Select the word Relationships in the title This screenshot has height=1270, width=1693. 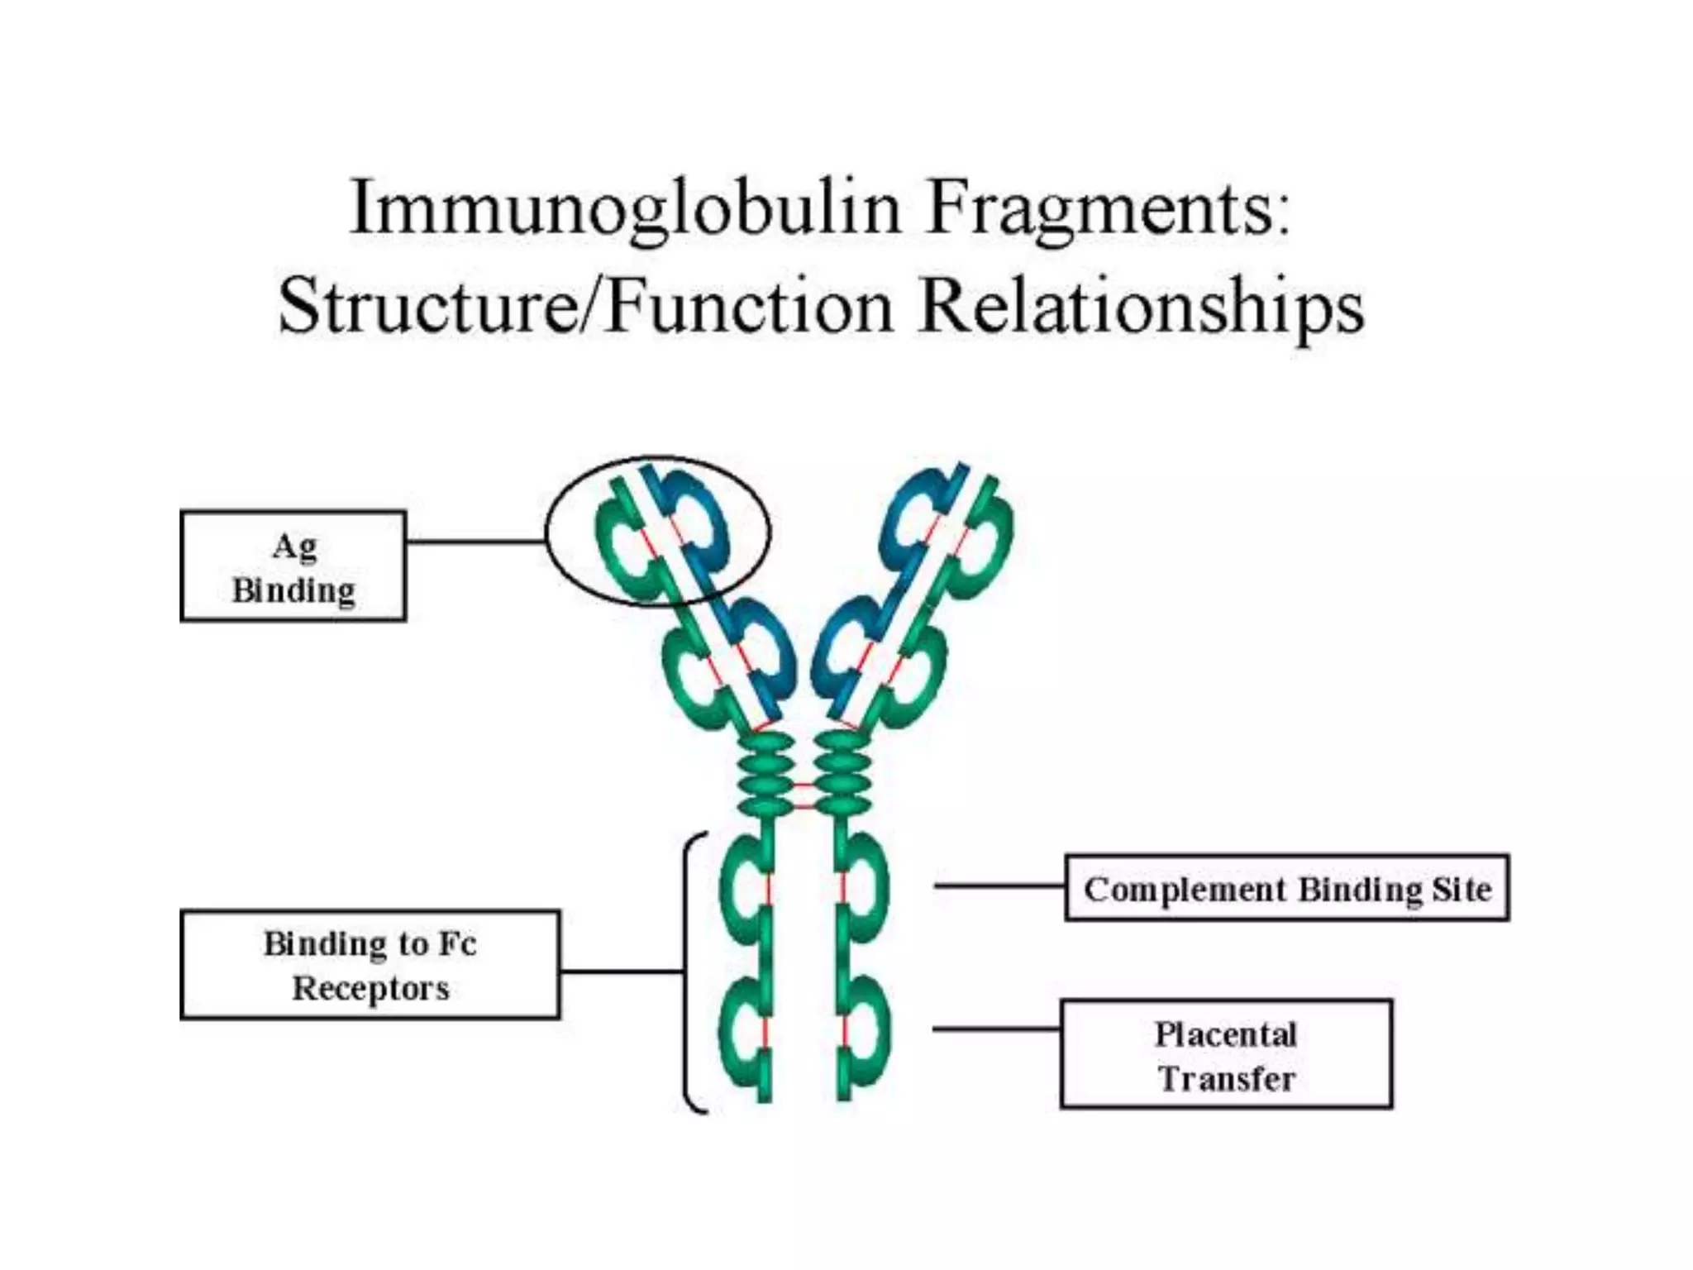tap(1141, 306)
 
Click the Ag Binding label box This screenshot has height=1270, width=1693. tap(293, 566)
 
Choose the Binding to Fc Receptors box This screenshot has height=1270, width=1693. tap(370, 965)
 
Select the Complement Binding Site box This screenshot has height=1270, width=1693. tap(1287, 888)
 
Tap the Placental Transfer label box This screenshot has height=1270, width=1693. tap(1226, 1054)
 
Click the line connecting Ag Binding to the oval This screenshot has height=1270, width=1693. tap(475, 542)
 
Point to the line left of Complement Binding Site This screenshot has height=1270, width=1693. tap(999, 886)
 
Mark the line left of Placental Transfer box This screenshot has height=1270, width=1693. tap(996, 1029)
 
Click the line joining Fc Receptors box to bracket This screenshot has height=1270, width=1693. tap(622, 971)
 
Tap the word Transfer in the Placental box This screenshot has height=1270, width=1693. tap(1226, 1078)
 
